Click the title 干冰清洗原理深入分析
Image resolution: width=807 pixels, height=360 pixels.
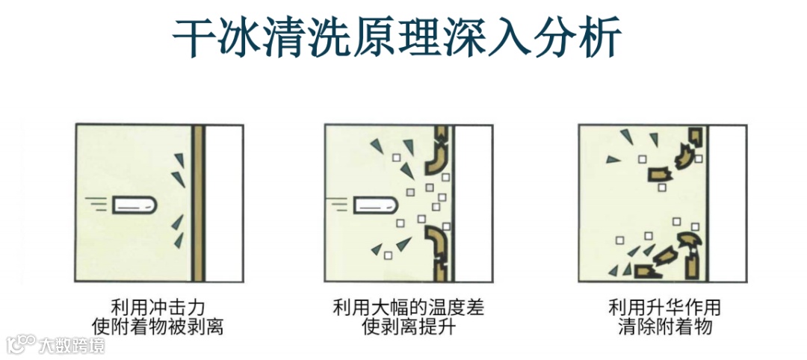click(x=396, y=39)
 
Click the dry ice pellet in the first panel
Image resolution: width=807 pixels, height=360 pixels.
click(x=134, y=205)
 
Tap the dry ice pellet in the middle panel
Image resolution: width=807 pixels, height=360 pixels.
click(x=375, y=205)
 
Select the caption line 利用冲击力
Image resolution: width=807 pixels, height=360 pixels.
click(x=158, y=308)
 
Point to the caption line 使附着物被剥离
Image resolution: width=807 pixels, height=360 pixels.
click(x=158, y=326)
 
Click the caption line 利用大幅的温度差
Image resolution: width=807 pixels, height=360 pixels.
click(x=409, y=308)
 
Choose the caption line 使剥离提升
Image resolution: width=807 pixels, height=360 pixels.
click(x=409, y=326)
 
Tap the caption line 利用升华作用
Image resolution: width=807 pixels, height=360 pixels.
click(x=664, y=308)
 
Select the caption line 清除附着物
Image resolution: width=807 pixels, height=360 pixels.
click(x=664, y=326)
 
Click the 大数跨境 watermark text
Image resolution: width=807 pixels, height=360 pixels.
click(x=72, y=345)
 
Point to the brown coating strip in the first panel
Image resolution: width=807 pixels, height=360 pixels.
click(x=198, y=202)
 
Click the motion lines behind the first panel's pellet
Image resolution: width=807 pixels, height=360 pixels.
click(x=99, y=205)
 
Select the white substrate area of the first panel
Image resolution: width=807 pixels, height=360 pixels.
click(x=223, y=202)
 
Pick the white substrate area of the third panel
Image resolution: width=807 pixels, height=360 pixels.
click(x=728, y=202)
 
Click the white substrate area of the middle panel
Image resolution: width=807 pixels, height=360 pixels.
click(x=474, y=202)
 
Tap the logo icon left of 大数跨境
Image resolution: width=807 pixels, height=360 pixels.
click(x=21, y=345)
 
